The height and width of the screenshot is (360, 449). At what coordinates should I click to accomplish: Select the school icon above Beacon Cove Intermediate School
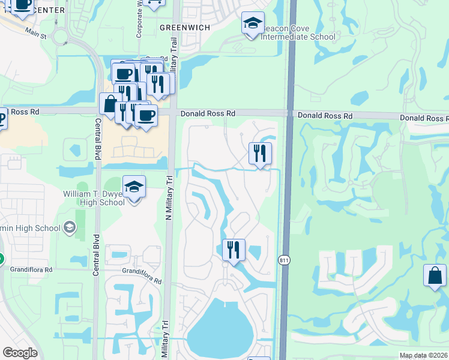[x=253, y=25]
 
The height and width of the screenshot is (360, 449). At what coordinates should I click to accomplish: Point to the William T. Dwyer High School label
[x=94, y=198]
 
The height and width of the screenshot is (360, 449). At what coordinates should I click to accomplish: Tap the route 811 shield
[x=284, y=259]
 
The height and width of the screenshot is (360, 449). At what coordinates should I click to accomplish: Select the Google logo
[x=20, y=353]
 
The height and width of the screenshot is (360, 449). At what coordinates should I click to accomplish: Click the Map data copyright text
[x=424, y=355]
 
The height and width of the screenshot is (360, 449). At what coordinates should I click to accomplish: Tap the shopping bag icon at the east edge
[x=435, y=276]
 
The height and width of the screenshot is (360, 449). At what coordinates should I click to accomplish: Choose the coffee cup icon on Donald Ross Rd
[x=145, y=114]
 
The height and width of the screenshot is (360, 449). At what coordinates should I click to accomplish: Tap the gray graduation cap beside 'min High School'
[x=70, y=227]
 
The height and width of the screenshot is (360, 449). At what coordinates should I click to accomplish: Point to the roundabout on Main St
[x=59, y=37]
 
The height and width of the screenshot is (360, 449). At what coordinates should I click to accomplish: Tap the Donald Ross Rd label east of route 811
[x=325, y=115]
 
